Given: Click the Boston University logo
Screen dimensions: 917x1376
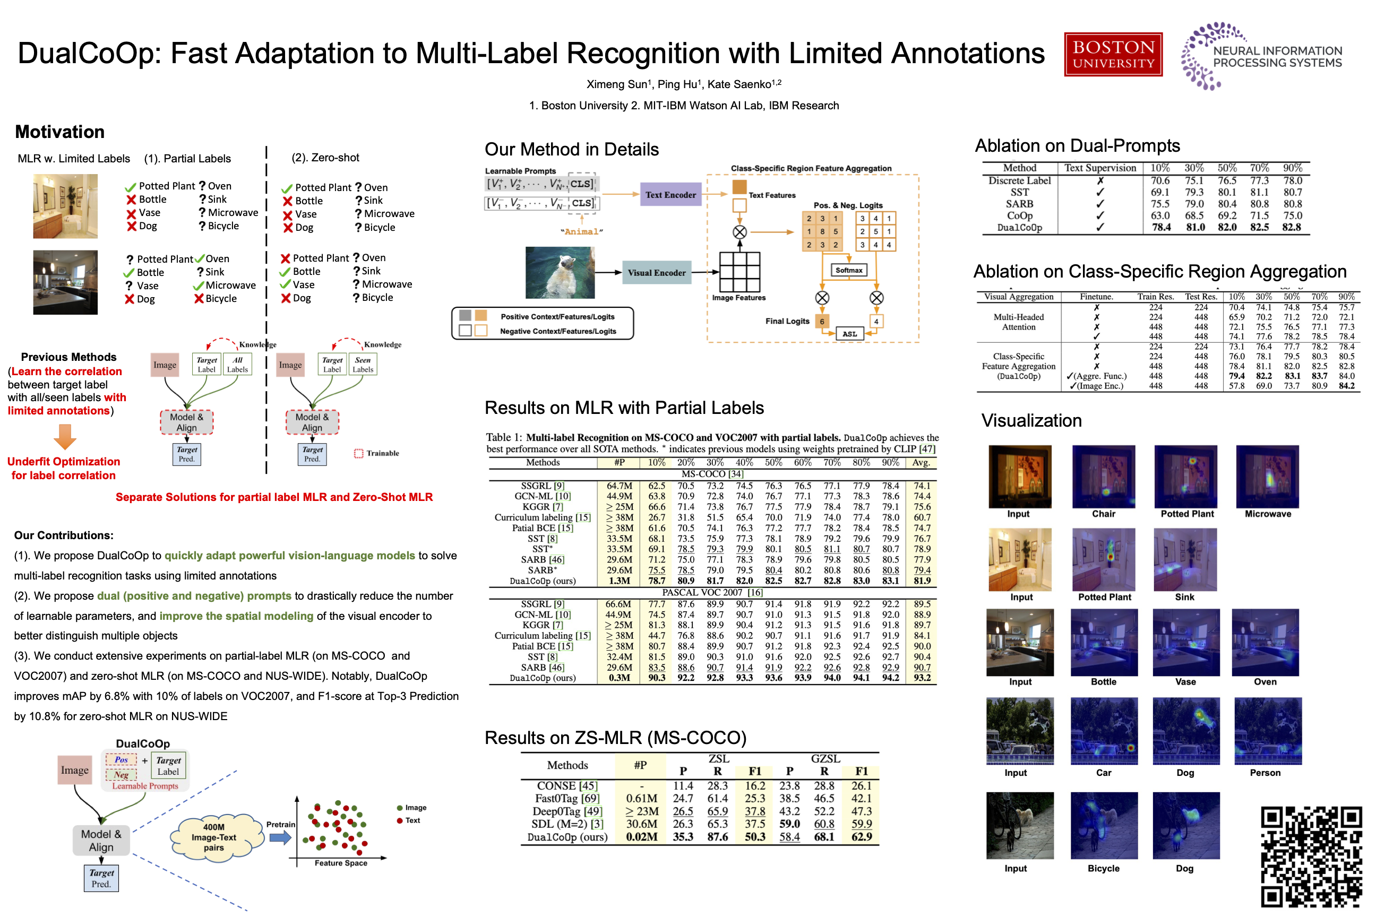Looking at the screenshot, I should pos(1113,54).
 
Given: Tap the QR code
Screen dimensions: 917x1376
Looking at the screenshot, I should pos(1311,856).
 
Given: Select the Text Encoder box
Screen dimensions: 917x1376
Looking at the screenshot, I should pos(670,195).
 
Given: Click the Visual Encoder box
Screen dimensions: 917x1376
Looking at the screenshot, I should pos(656,273).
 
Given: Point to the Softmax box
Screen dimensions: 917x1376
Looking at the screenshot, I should pos(848,270).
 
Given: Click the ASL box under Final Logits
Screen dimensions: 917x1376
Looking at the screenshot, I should pos(849,334).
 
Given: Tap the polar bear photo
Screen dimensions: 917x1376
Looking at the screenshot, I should pos(560,273).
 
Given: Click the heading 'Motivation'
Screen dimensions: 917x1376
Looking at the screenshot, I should pos(59,132).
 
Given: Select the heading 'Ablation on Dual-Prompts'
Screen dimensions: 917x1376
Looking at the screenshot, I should pos(1077,145).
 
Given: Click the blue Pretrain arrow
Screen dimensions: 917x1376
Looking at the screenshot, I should pos(280,837).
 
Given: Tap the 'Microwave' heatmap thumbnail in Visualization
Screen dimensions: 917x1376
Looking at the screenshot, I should pos(1267,477).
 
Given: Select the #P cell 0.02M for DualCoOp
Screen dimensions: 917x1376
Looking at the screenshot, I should pos(641,837).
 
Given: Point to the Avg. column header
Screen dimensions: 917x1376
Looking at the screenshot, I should pos(921,463).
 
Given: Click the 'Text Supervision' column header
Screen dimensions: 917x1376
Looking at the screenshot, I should pos(1100,168).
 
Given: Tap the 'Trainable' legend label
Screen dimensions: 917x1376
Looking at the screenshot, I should pos(383,453).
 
